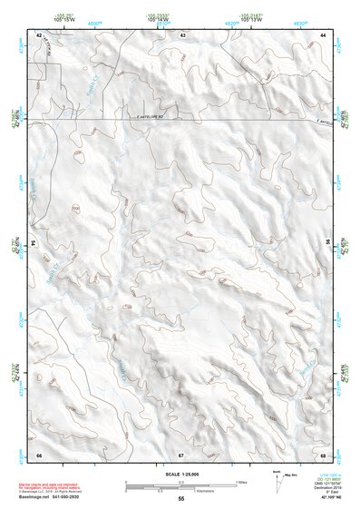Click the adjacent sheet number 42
39,34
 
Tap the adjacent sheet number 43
182,34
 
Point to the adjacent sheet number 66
39,453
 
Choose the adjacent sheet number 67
181,453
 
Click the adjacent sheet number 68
323,453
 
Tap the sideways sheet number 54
33,243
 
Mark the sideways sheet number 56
328,243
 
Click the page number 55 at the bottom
181,499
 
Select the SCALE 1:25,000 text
180,474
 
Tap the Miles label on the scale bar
241,481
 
